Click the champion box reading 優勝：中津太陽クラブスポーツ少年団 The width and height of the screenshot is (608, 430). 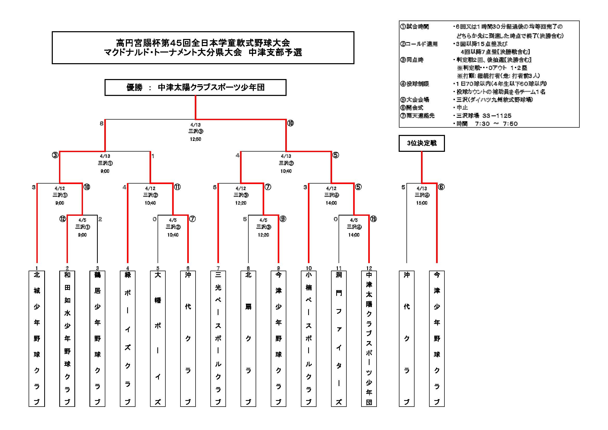196,87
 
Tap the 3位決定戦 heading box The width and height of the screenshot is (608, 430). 422,143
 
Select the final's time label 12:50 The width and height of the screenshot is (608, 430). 196,139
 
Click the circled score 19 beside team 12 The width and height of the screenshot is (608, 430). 373,219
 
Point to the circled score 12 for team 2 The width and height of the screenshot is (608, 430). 62,219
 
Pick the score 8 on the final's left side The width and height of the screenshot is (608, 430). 101,123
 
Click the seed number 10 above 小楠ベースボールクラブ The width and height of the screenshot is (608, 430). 308,268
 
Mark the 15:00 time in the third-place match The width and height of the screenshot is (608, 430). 422,203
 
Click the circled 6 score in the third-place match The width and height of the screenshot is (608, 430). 441,187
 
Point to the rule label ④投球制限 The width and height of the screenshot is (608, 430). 415,84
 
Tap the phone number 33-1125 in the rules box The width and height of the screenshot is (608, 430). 497,116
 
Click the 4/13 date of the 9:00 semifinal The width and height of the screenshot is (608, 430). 105,156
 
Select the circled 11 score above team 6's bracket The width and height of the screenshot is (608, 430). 177,187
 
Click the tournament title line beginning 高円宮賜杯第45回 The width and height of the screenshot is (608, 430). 203,43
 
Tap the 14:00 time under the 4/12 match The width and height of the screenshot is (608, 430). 331,203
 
